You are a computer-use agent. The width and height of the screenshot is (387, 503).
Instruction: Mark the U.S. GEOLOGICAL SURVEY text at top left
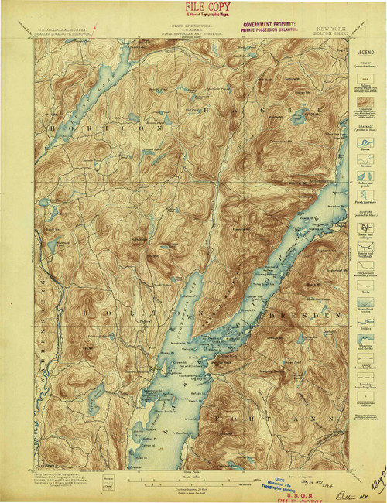62,34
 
